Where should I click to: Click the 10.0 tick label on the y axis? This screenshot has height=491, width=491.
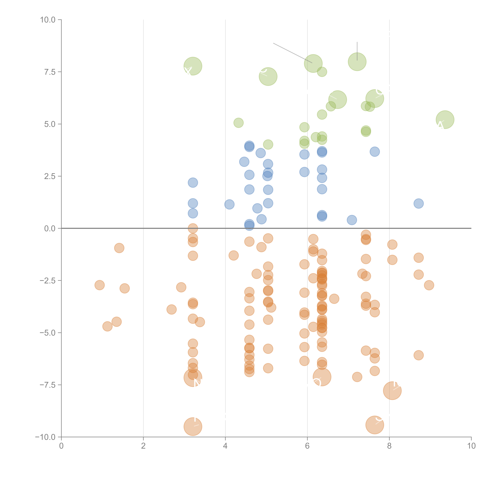pos(48,20)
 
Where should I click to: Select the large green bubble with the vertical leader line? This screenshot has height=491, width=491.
pos(357,62)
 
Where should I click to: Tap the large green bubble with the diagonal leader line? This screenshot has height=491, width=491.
pos(313,63)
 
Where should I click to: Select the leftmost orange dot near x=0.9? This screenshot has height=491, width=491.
pos(100,285)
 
